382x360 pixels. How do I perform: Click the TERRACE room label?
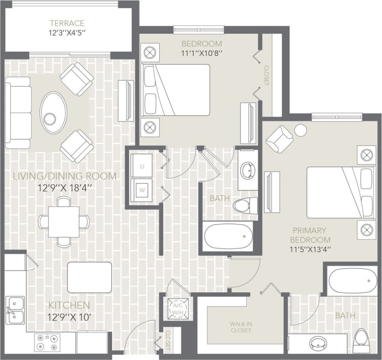tap(67, 23)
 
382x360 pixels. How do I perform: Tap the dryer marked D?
tap(142, 166)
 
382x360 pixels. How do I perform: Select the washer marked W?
tap(142, 190)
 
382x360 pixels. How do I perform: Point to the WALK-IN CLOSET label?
tap(240, 327)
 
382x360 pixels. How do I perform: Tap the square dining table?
tap(64, 222)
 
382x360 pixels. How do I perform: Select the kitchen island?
tap(90, 277)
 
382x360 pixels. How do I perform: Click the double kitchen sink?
tap(15, 310)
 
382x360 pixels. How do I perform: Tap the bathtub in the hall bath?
tap(228, 237)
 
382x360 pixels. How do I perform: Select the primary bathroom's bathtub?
tap(352, 281)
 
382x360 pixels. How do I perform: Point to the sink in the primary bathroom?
tap(318, 344)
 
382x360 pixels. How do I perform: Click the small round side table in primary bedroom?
tap(301, 131)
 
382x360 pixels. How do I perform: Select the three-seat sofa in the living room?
tap(18, 113)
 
